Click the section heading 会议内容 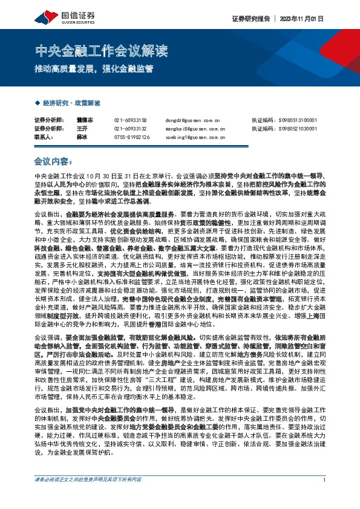coord(53,161)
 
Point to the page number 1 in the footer coord(324,497)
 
